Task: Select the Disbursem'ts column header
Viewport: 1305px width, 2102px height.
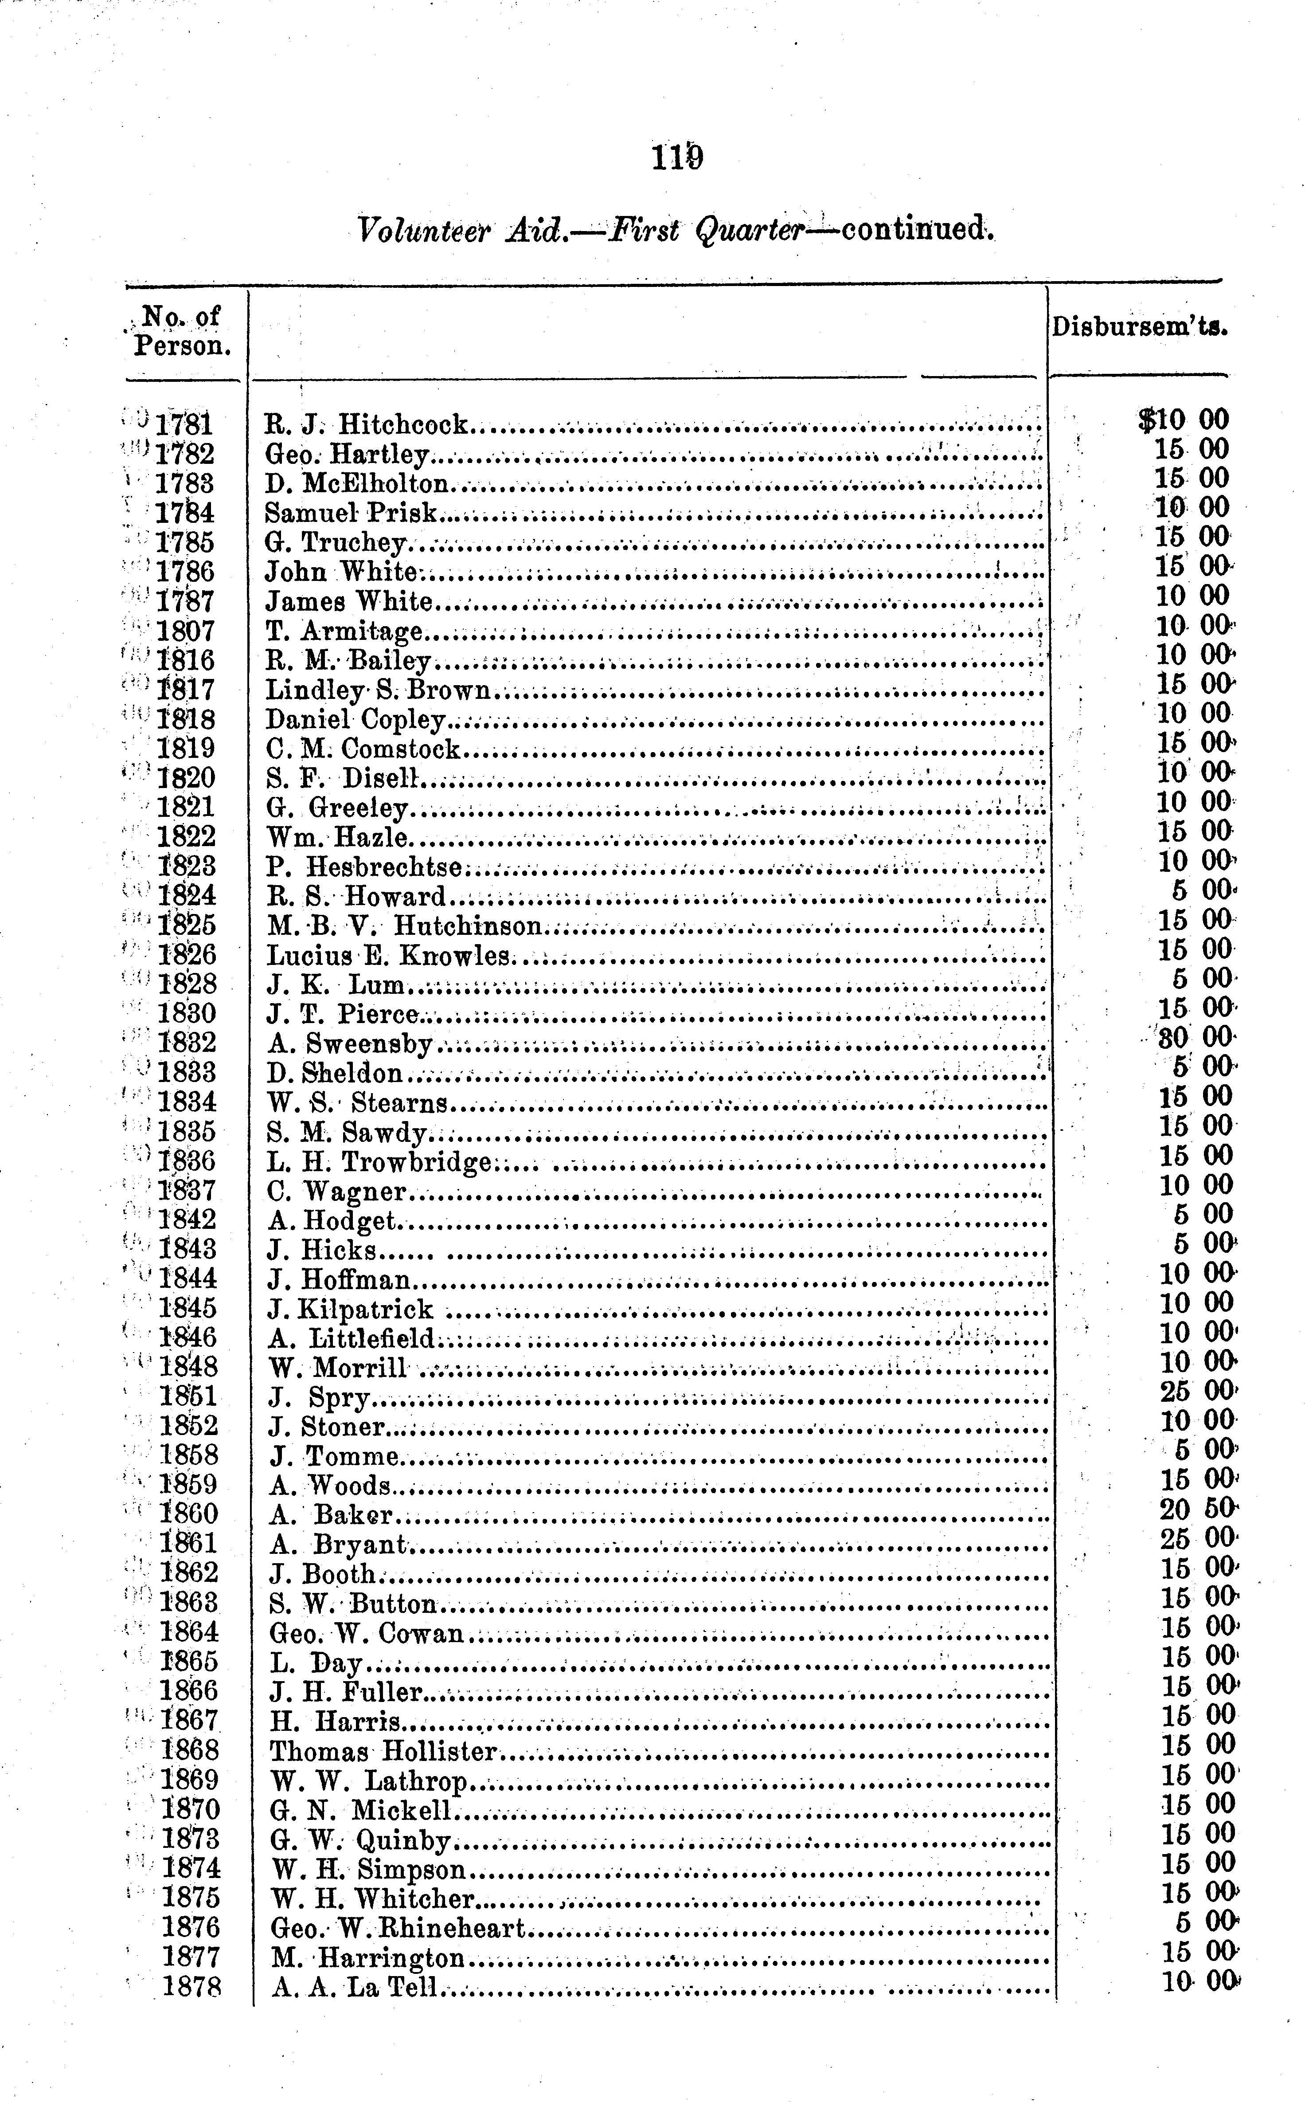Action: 1139,327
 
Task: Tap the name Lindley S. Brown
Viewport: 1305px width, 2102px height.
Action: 378,690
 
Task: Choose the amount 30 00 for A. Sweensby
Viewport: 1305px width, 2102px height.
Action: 1196,1037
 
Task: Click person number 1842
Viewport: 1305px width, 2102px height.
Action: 188,1220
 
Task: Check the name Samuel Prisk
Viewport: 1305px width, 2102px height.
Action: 351,513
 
